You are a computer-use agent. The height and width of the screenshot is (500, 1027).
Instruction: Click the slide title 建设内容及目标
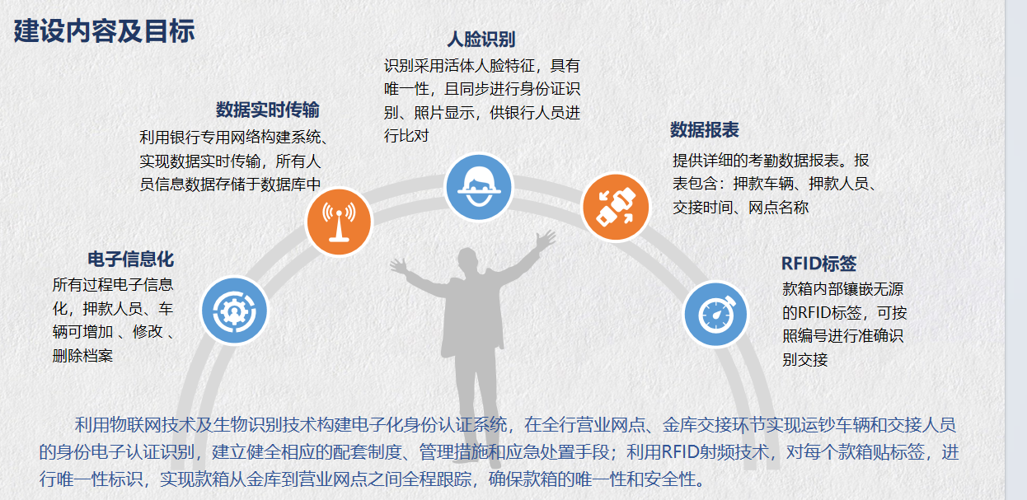104,31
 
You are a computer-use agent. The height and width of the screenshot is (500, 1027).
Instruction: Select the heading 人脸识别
481,40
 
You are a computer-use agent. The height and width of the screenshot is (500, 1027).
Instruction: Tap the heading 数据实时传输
268,110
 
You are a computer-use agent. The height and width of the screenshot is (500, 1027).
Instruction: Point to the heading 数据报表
704,130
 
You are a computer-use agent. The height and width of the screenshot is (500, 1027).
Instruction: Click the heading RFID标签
818,264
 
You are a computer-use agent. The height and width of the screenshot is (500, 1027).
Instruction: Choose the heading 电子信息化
131,259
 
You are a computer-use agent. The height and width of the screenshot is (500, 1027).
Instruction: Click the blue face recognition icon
479,187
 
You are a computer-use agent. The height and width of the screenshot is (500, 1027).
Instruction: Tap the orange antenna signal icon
339,222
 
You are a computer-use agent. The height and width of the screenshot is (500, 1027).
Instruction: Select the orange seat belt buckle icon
616,207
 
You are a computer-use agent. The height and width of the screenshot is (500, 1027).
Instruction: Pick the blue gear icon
234,311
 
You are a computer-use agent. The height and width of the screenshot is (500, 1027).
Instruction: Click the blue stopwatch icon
715,315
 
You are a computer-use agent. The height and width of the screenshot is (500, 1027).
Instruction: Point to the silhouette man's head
467,260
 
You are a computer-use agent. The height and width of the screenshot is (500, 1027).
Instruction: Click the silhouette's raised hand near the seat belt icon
546,238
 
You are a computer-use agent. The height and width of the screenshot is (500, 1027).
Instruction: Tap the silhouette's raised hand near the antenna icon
398,266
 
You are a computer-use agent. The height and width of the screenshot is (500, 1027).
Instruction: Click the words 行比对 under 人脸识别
406,136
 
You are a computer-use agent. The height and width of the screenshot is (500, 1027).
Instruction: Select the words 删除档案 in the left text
82,356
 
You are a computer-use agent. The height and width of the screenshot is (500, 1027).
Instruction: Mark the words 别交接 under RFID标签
804,360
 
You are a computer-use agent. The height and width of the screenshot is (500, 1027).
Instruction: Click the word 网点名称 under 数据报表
779,208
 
